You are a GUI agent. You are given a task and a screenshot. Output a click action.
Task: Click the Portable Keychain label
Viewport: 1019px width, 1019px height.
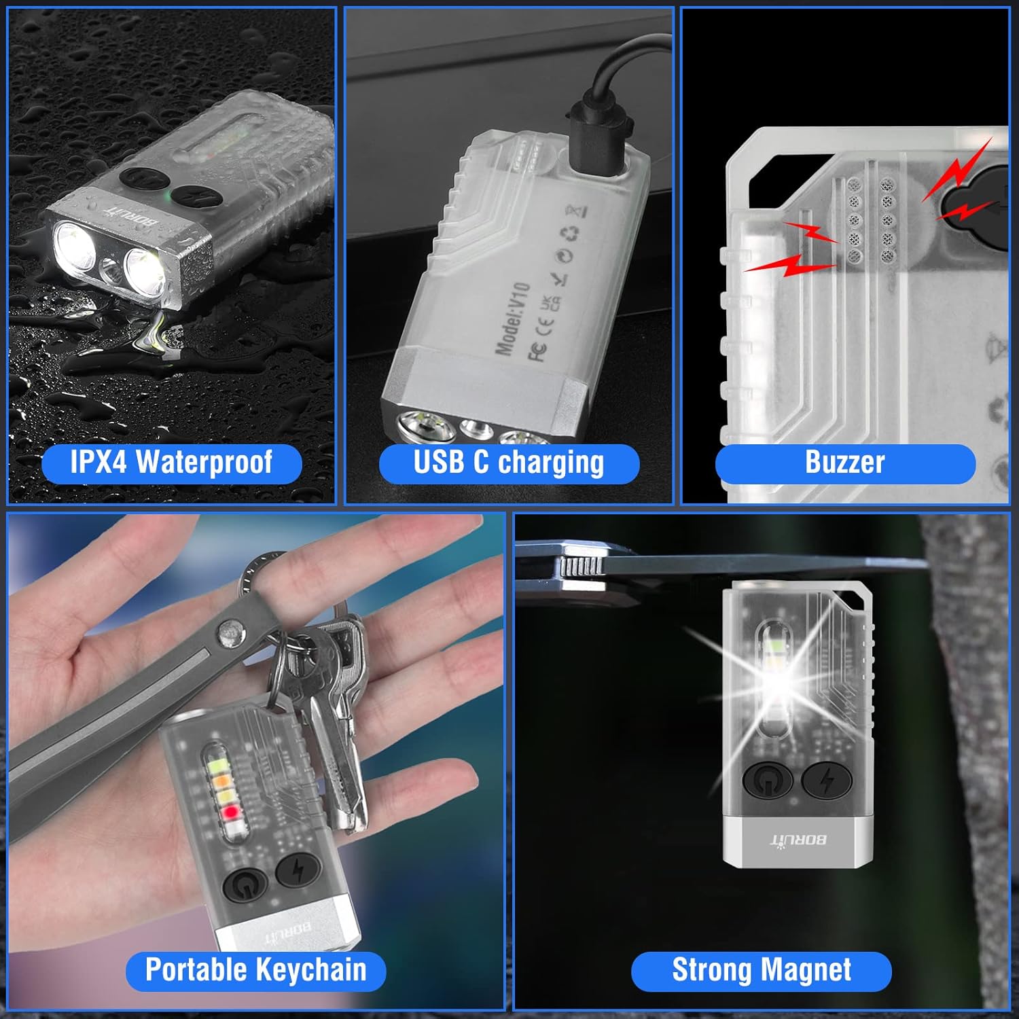coord(255,970)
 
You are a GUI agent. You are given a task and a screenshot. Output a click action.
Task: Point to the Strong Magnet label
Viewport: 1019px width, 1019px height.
coord(761,970)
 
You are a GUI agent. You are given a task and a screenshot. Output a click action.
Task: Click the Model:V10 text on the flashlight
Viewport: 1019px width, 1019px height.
coord(513,319)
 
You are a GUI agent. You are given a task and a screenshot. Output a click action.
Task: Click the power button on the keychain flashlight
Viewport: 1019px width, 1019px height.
coord(245,886)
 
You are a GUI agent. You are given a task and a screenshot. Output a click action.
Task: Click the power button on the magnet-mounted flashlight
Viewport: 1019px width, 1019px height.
coord(768,781)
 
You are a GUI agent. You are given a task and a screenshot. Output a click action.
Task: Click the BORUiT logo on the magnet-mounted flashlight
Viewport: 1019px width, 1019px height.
coord(799,840)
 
